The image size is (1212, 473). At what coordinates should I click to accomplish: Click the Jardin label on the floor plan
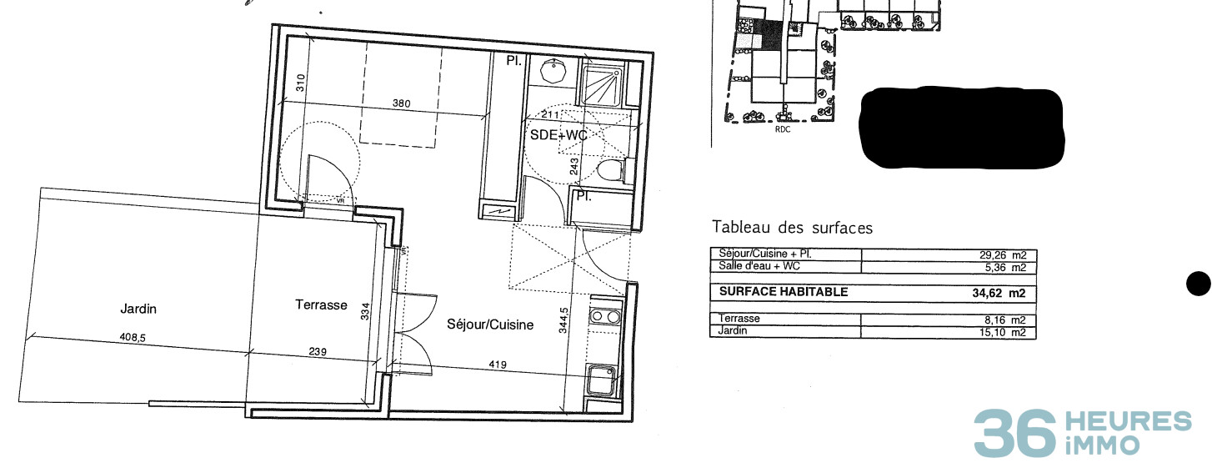tap(138, 309)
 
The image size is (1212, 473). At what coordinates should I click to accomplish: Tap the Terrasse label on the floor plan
tap(321, 305)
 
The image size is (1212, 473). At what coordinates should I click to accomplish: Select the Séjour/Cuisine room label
tap(489, 325)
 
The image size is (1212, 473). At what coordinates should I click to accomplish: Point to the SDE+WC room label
tap(558, 134)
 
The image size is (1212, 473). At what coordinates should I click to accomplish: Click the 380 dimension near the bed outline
tap(402, 104)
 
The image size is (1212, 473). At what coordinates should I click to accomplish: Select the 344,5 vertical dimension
tap(564, 320)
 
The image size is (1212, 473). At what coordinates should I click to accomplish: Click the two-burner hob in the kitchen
tap(603, 316)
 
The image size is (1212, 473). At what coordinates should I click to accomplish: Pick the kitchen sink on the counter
tap(602, 381)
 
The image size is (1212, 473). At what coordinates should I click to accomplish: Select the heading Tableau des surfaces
tap(792, 227)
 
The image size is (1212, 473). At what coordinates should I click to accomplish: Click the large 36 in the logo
tap(1014, 434)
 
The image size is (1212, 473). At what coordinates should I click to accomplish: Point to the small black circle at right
tap(1198, 284)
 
